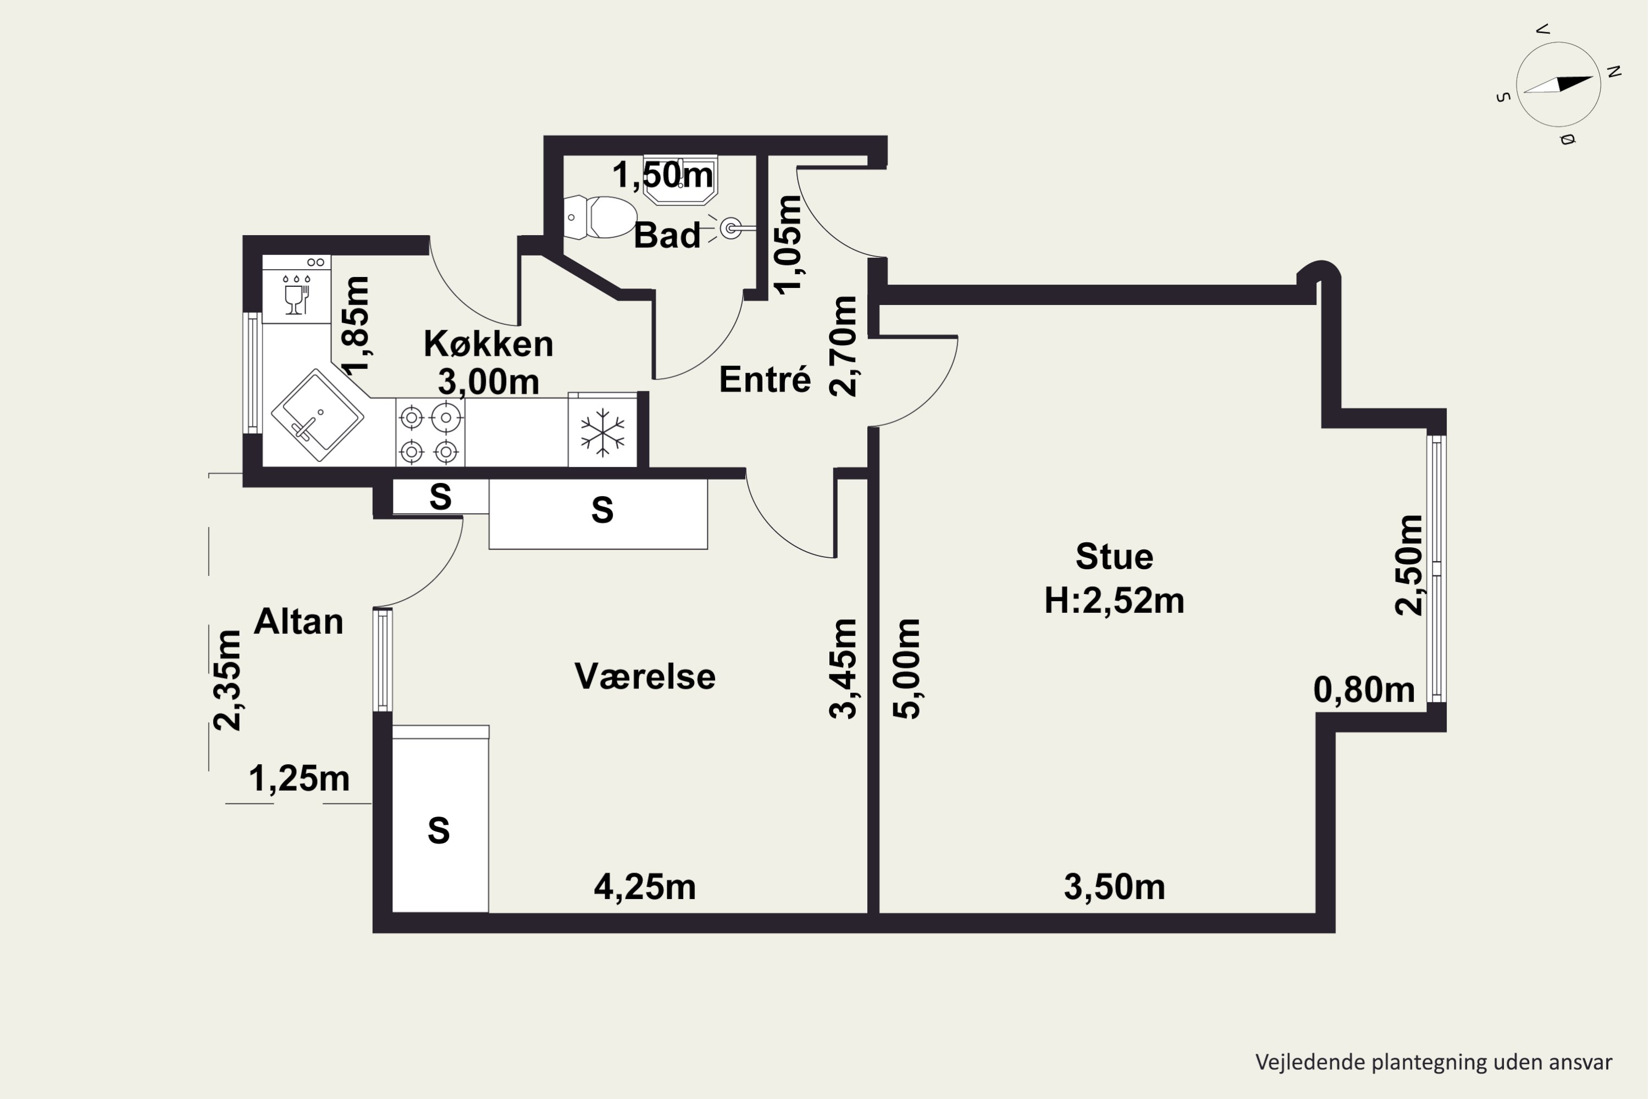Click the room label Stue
1114,557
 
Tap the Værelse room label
645,676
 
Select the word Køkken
489,343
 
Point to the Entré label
765,379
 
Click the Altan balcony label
298,621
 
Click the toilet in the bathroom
600,217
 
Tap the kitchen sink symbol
318,415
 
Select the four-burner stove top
430,432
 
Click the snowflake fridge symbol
602,432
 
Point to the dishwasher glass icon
296,296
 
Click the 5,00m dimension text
906,669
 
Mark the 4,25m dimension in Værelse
645,887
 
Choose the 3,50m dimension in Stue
1115,887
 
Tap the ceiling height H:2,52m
1114,601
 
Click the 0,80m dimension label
1364,690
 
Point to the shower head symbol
731,228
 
